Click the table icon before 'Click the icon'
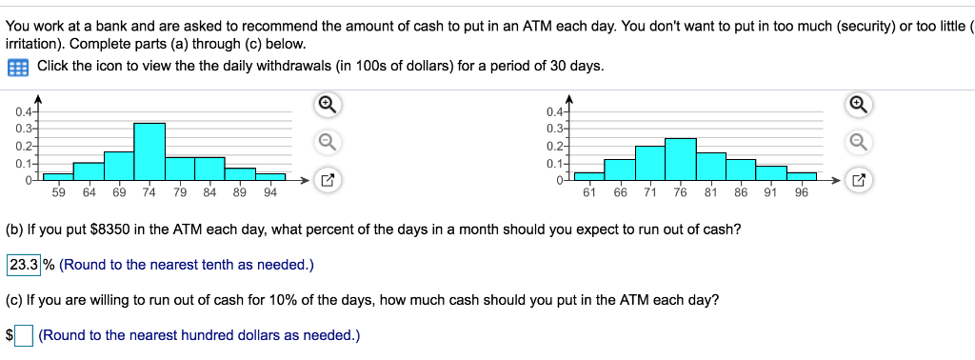[16, 67]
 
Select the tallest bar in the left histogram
[149, 150]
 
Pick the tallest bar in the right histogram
[680, 158]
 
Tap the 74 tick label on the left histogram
[149, 192]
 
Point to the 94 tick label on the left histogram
[270, 192]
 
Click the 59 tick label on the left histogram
[59, 192]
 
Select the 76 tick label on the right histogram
[680, 192]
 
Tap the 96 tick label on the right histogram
[801, 192]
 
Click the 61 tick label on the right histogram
[589, 192]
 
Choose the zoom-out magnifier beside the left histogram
[326, 142]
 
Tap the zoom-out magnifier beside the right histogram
[857, 142]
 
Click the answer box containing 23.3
[24, 264]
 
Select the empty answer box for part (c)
[24, 334]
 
